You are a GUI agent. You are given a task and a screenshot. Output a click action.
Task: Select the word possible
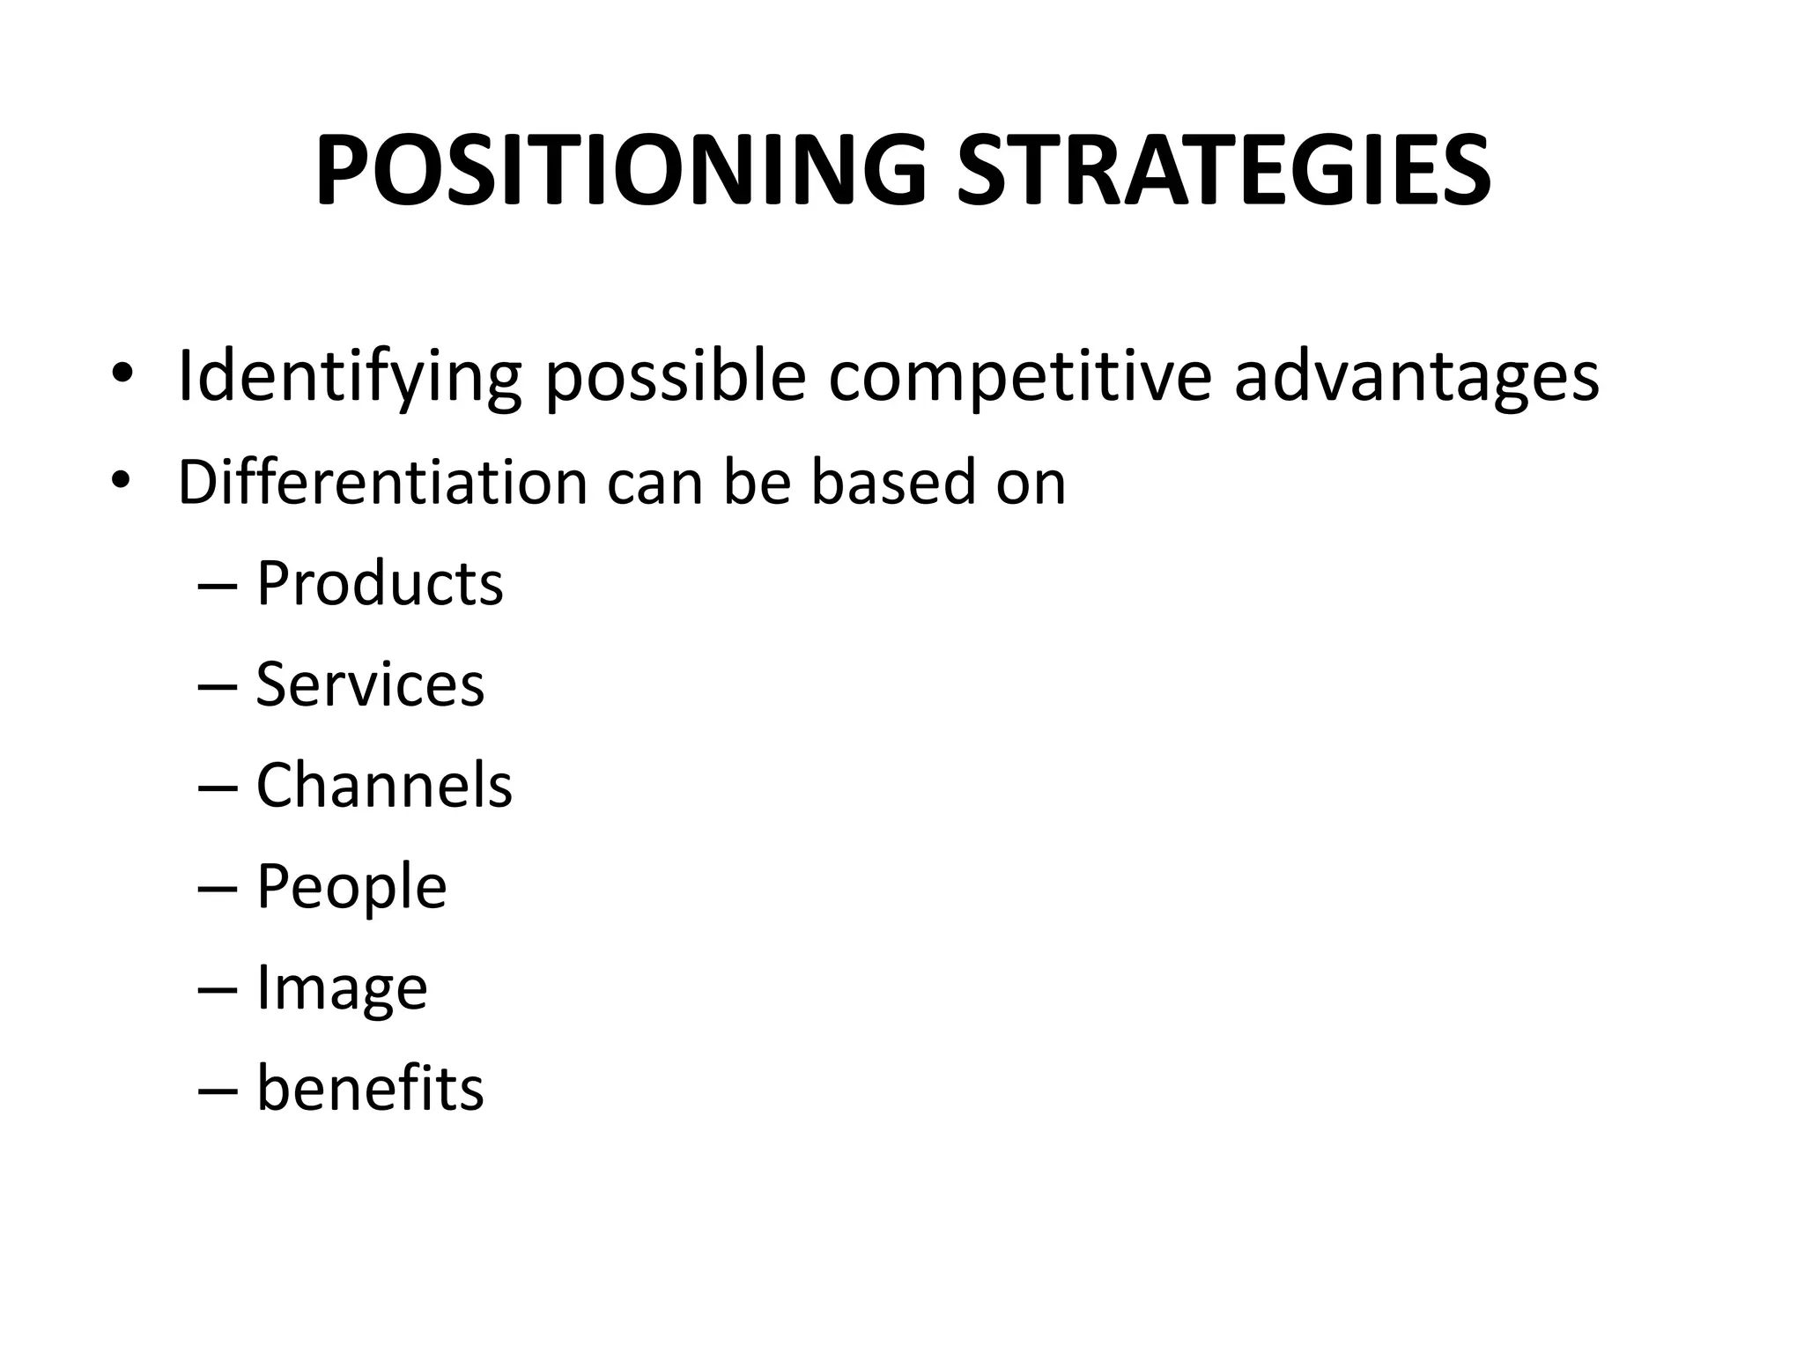(675, 377)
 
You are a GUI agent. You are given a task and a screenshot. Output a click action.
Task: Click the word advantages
(1416, 377)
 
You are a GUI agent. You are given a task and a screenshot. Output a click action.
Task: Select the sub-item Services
(370, 684)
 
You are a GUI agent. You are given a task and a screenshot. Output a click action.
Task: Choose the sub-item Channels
(384, 785)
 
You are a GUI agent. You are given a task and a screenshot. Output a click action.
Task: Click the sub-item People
(351, 886)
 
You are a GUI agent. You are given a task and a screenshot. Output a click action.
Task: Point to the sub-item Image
(342, 987)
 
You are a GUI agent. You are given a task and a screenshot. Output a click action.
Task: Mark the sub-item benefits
(370, 1089)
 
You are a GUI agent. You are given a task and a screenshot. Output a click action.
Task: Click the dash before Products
(218, 588)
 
